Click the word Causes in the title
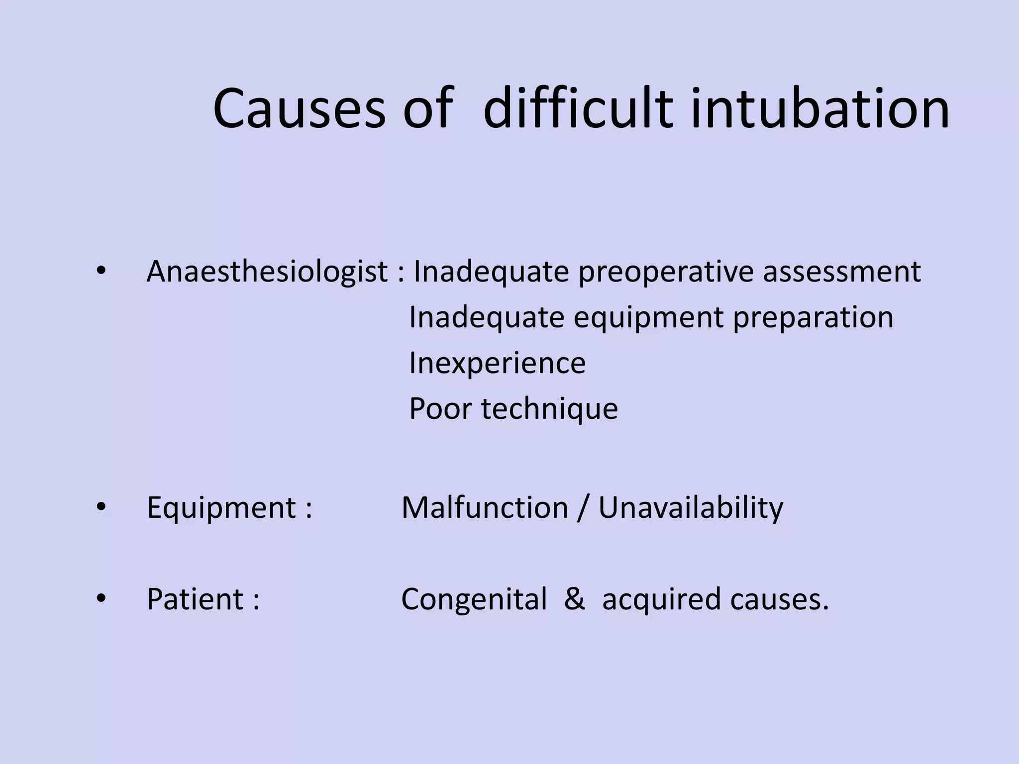pos(299,108)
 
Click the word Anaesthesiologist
pos(267,272)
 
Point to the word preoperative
pos(666,272)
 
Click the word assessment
pos(842,272)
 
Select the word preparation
pos(813,318)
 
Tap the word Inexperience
pos(497,363)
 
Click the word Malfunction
pos(485,508)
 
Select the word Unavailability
pos(691,508)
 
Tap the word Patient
pos(195,599)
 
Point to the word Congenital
pos(474,599)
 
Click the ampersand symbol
pos(575,599)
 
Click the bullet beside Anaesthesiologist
pos(102,272)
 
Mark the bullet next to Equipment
pos(102,507)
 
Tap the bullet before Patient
pos(102,598)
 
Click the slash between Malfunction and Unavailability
pos(583,508)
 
